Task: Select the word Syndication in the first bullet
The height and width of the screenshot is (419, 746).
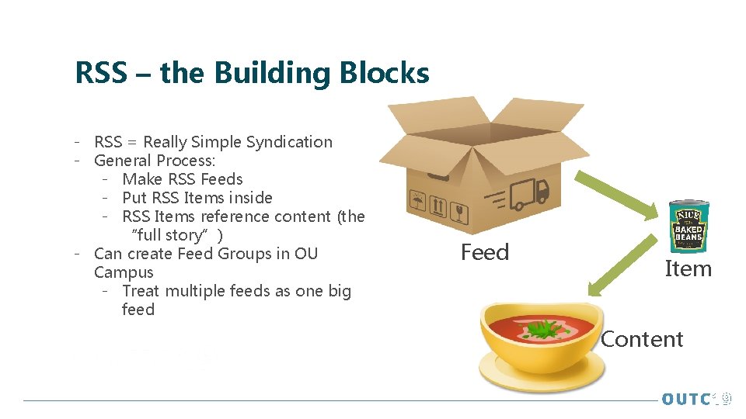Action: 289,142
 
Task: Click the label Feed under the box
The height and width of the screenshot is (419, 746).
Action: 485,252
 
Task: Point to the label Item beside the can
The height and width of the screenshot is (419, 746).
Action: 688,268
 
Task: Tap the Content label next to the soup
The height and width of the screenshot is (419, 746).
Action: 642,339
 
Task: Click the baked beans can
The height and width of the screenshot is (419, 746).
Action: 688,226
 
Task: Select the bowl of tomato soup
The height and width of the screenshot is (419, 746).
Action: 542,345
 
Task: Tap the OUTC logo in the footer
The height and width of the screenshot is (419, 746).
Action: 695,399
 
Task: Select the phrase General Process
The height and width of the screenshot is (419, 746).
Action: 154,161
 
